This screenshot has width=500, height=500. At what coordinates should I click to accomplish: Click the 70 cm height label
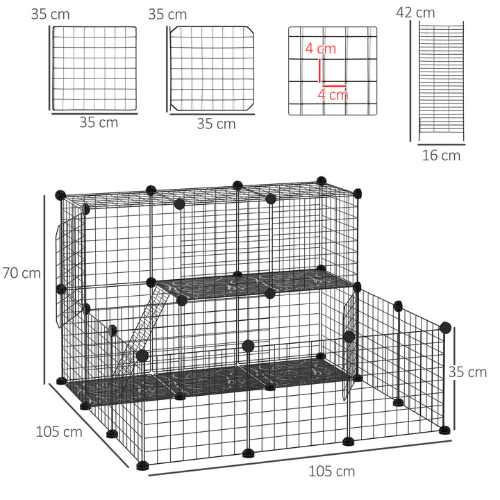[22, 273]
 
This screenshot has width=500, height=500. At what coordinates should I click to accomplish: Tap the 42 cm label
[415, 12]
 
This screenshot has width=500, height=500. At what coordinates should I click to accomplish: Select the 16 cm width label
[441, 156]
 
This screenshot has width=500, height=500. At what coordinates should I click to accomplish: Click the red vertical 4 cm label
[320, 49]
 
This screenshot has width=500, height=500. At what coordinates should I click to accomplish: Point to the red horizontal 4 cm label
[333, 94]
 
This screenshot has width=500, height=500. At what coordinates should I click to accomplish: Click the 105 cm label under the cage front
[332, 472]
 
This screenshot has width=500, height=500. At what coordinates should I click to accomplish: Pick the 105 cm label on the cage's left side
[59, 431]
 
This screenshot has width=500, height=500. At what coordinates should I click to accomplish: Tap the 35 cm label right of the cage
[468, 372]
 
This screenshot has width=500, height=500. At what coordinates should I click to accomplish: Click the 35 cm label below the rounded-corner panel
[216, 124]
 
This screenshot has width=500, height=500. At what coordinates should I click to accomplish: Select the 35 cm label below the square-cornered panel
[99, 122]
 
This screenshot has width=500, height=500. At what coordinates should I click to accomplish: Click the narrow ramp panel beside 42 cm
[442, 80]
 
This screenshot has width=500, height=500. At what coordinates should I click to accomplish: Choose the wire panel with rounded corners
[212, 69]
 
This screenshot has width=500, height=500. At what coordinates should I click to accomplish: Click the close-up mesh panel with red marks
[333, 71]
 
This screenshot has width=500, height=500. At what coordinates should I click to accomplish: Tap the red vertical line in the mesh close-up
[319, 71]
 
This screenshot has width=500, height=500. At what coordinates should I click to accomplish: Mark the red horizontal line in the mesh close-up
[334, 85]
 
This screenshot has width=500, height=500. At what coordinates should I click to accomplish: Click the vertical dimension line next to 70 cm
[45, 288]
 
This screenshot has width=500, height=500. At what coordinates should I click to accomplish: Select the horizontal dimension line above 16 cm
[441, 145]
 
